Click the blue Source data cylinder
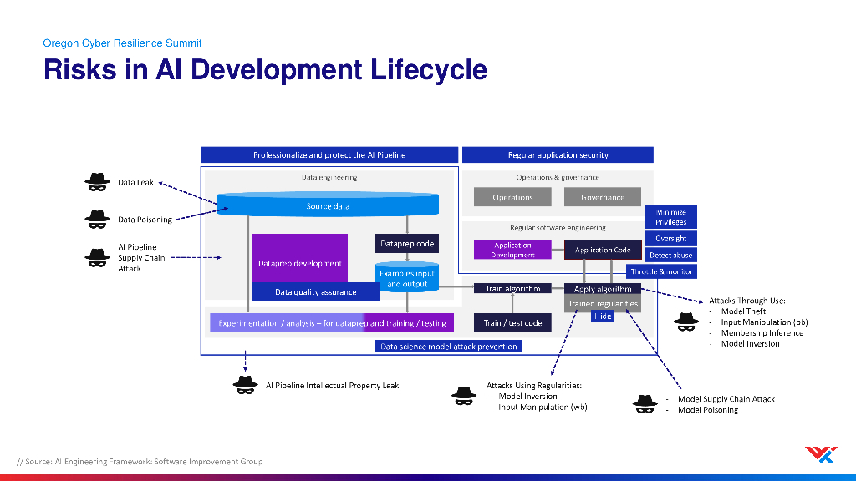click(x=328, y=205)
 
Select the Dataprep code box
click(x=407, y=244)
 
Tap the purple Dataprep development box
click(x=300, y=259)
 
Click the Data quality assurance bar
click(x=315, y=291)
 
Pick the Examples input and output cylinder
click(x=407, y=277)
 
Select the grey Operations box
click(x=512, y=197)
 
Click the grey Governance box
click(x=603, y=197)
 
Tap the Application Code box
click(x=603, y=250)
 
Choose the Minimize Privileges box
click(x=671, y=216)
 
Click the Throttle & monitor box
click(x=662, y=271)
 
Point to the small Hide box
click(x=603, y=316)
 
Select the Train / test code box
click(x=512, y=323)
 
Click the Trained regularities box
click(x=603, y=304)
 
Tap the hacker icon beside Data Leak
click(x=97, y=181)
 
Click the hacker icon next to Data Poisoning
click(x=97, y=220)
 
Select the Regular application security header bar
click(x=558, y=154)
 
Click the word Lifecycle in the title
click(x=429, y=70)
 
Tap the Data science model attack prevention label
click(x=449, y=347)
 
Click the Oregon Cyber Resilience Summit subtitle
click(x=122, y=43)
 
